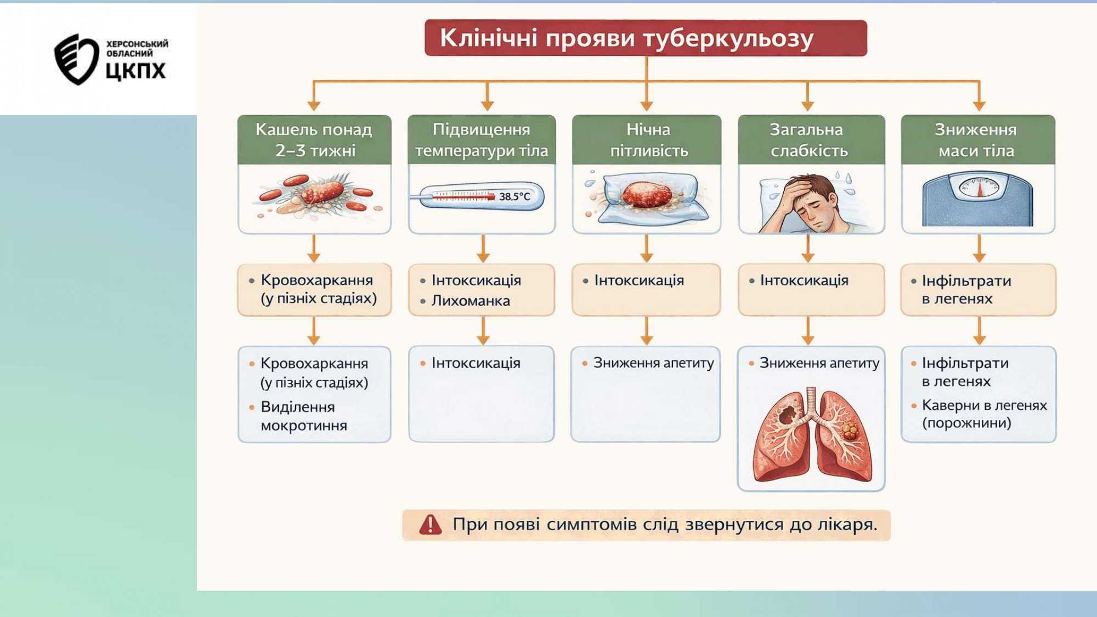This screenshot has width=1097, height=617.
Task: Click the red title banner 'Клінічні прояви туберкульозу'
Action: tap(646, 38)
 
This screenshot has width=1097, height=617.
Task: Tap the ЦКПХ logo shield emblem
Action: tap(75, 59)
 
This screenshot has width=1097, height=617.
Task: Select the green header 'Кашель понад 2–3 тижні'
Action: tap(314, 139)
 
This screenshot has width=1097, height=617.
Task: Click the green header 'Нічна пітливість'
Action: tap(647, 139)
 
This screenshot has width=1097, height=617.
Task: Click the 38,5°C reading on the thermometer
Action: tap(514, 196)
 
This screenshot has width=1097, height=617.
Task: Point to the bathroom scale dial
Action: tap(979, 188)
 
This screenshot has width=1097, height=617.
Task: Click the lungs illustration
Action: tap(812, 437)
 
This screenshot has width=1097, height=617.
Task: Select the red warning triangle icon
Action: tap(430, 525)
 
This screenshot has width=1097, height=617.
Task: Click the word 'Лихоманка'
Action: tap(471, 301)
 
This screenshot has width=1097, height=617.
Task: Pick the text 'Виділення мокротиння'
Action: tap(303, 416)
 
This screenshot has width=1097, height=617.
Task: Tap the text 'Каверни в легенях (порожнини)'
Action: tap(983, 414)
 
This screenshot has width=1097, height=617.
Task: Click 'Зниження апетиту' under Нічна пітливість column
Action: tap(653, 363)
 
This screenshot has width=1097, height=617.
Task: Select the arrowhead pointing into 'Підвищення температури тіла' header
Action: tap(487, 105)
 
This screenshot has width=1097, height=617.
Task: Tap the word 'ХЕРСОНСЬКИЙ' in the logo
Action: tap(137, 44)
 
